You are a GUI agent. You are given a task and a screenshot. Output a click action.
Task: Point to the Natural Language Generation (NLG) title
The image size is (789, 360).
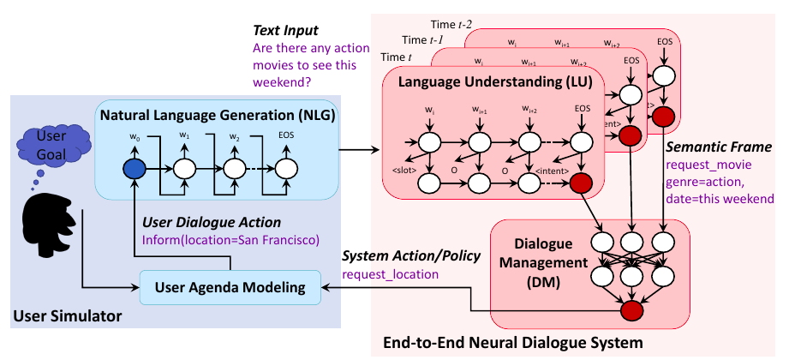pyautogui.click(x=217, y=114)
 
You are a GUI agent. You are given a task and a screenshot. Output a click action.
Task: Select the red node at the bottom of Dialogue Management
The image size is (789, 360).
pyautogui.click(x=633, y=311)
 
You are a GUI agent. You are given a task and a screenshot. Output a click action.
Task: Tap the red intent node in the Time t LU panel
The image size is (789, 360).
pyautogui.click(x=582, y=182)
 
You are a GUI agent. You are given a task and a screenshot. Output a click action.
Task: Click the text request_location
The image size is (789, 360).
pyautogui.click(x=390, y=275)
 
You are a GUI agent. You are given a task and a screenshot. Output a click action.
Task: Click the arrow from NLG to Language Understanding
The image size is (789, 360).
pyautogui.click(x=360, y=152)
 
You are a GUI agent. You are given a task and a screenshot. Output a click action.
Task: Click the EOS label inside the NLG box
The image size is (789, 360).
pyautogui.click(x=285, y=135)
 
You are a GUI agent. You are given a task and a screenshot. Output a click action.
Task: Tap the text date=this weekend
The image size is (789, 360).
pyautogui.click(x=720, y=198)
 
